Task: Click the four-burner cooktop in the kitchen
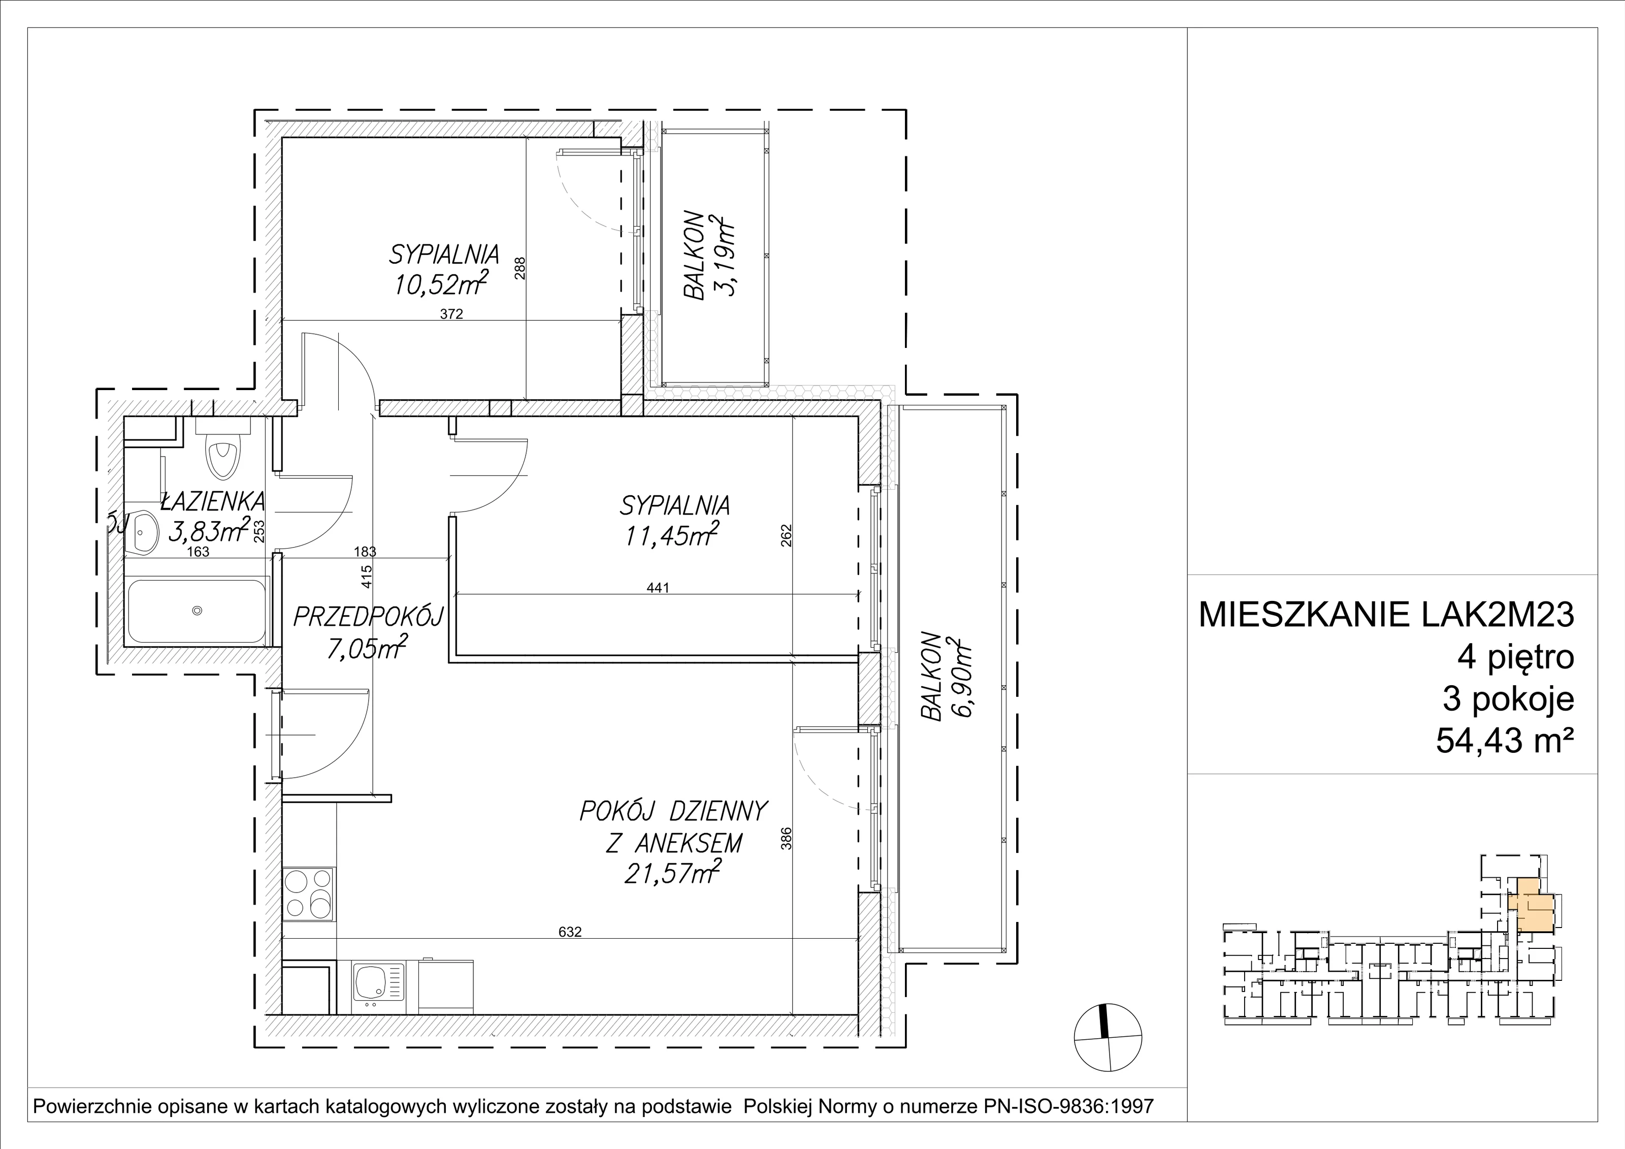[309, 893]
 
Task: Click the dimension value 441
[658, 587]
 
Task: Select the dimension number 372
[451, 314]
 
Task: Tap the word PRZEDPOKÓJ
[368, 617]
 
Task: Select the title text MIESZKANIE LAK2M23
[1386, 615]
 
